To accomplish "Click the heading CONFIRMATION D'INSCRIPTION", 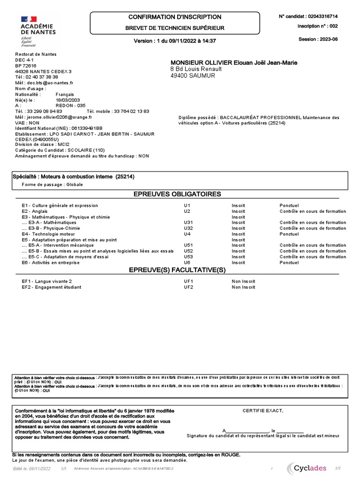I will [175, 17].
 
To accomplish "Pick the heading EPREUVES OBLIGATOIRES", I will [177, 194].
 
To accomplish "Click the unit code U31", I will [188, 223].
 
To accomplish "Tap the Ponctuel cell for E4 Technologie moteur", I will [289, 234].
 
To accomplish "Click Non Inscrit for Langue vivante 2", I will [243, 281].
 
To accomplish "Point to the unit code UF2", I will [188, 287].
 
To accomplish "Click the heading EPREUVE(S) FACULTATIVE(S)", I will [177, 270].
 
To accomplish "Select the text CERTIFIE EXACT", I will [262, 411].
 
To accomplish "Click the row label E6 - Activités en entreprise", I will [51, 262].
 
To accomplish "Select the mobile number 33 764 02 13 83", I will [131, 111].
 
